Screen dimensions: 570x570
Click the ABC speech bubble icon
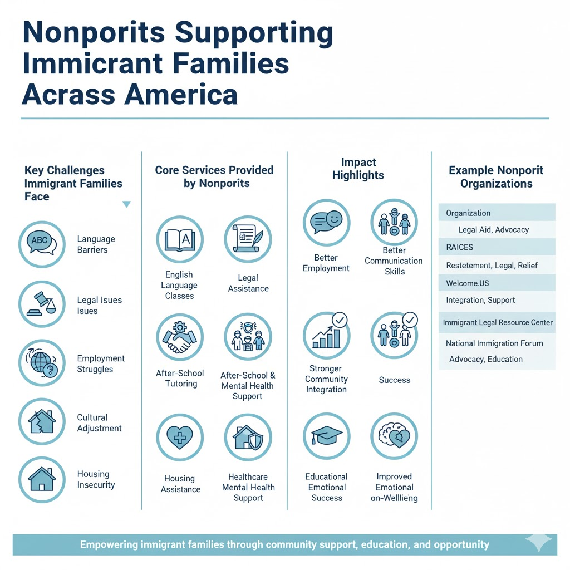tap(42, 243)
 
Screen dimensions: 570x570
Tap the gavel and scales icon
tap(42, 304)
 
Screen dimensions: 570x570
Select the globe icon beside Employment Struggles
tap(42, 363)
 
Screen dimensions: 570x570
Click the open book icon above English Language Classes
tap(179, 240)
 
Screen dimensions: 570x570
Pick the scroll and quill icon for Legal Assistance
tap(248, 240)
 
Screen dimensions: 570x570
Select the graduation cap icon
tap(326, 436)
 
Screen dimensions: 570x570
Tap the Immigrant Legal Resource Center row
tap(498, 322)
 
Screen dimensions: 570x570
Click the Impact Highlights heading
tap(358, 169)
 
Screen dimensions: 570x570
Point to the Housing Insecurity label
tap(96, 479)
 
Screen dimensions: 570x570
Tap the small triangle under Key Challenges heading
tap(126, 204)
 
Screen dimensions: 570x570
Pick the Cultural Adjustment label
tap(99, 423)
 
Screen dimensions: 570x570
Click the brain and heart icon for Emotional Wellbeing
tap(394, 436)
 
